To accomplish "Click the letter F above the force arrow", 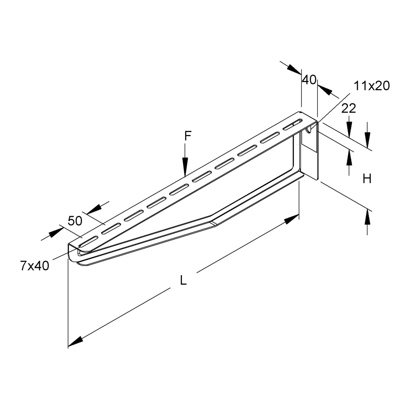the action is click(188, 136).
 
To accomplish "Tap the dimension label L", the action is click(183, 280).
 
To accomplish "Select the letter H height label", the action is click(367, 179).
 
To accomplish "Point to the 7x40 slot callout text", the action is click(35, 266).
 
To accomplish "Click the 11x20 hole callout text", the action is click(372, 86).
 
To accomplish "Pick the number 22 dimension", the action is click(349, 108).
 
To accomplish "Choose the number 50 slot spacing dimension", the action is click(75, 221).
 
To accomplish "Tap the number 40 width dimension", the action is click(309, 80).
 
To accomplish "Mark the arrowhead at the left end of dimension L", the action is click(76, 341).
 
